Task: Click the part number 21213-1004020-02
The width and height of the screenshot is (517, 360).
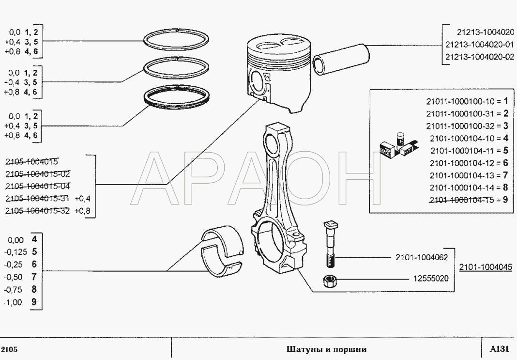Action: [480, 57]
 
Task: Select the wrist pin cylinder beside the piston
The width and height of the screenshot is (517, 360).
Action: [341, 60]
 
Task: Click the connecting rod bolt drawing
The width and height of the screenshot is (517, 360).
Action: [329, 244]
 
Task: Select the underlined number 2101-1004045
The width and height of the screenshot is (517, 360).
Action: [486, 267]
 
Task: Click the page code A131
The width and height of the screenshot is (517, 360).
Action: [499, 349]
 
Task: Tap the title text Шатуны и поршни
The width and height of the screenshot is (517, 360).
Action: [326, 349]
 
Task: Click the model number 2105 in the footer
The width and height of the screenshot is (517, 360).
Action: [10, 349]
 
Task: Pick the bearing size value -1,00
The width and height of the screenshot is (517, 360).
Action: [13, 302]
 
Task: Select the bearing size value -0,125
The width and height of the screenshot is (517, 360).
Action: [15, 252]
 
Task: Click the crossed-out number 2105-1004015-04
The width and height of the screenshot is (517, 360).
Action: [38, 187]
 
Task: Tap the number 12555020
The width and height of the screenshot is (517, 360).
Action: [431, 279]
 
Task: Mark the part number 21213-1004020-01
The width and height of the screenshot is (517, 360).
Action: [480, 45]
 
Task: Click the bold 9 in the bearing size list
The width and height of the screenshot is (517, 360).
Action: [34, 302]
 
